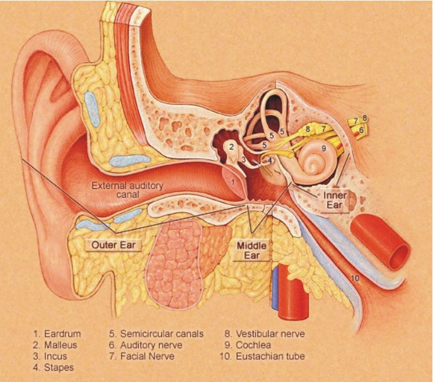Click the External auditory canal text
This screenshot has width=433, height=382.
click(x=127, y=190)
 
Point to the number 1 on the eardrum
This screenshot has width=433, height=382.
click(x=233, y=181)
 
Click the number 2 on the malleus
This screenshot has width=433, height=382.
click(x=232, y=147)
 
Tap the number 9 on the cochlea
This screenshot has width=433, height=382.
click(x=323, y=149)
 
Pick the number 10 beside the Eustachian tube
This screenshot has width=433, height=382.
click(x=355, y=278)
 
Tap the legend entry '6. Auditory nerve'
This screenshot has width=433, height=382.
click(x=145, y=345)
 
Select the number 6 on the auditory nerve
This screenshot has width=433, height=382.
click(x=361, y=130)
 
